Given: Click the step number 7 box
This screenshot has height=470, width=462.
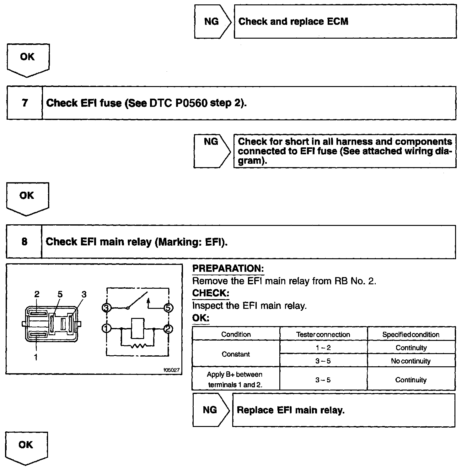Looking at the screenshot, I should click(25, 103).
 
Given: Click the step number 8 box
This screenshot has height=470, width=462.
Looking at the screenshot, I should click(24, 242).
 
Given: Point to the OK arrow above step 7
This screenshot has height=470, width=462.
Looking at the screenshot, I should click(28, 59).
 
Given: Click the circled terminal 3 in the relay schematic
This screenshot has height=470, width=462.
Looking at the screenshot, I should click(107, 308).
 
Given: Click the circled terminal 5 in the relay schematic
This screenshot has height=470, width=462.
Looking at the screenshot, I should click(169, 308).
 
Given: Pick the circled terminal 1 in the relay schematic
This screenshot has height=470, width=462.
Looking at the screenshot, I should click(106, 329).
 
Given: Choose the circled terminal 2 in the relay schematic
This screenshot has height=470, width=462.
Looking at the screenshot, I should click(169, 329).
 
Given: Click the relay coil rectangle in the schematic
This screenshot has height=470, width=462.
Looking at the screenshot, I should click(137, 328).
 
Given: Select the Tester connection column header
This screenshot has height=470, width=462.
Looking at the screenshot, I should click(323, 335).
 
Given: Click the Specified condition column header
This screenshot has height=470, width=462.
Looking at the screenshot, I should click(411, 335).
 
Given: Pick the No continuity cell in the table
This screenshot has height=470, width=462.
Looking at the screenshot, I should click(411, 361).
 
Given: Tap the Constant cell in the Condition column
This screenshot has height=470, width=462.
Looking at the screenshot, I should click(236, 354).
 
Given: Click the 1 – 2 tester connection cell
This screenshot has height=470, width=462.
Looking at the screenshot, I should click(323, 348).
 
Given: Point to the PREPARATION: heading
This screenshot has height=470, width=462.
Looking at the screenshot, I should click(228, 269).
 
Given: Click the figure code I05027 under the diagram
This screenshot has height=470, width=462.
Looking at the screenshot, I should click(171, 370).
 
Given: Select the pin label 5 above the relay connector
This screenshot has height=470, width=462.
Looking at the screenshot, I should click(60, 294).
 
